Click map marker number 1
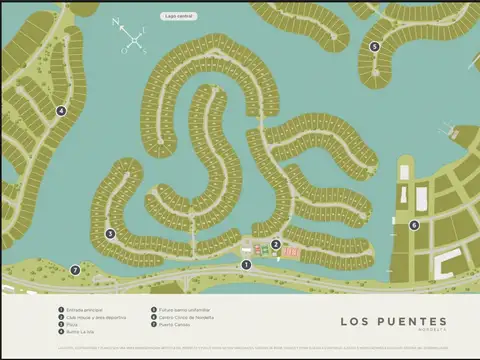(x=246, y=264)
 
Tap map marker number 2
(x=275, y=244)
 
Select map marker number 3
(x=110, y=234)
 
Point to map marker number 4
(x=61, y=111)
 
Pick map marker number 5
(x=374, y=46)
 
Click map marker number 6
(x=414, y=225)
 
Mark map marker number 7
(x=75, y=270)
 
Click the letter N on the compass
(x=115, y=20)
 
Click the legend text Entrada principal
(x=84, y=310)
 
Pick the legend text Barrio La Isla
(x=80, y=331)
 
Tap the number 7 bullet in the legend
(x=153, y=324)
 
